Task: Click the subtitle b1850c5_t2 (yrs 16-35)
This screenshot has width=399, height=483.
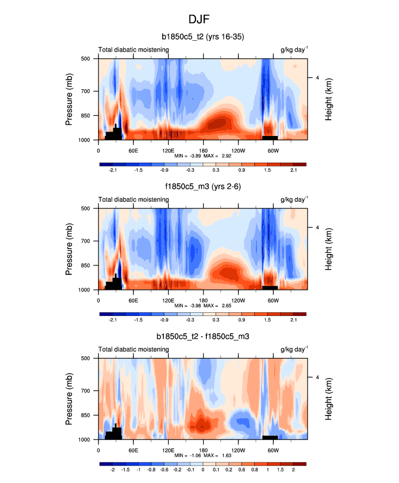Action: click(202, 38)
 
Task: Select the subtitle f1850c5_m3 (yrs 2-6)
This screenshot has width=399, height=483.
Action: click(202, 187)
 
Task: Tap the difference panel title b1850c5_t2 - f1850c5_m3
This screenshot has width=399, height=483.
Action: click(202, 337)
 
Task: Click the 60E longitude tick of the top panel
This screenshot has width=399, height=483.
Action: click(133, 150)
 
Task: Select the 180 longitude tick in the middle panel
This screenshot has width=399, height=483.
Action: click(203, 300)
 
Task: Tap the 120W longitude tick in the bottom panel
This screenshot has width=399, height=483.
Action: click(238, 450)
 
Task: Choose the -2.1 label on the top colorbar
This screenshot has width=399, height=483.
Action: click(113, 170)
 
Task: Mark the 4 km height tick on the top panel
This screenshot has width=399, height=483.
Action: click(317, 77)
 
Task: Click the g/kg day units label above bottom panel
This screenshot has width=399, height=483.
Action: click(294, 350)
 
